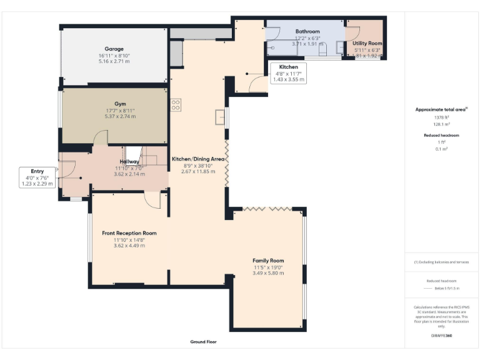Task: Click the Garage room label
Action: pos(114,49)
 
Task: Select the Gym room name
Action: pos(120,104)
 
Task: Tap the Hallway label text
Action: pos(129,161)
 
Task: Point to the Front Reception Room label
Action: pos(129,233)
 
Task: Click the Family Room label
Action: pos(268,261)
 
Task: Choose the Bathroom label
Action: pos(307,31)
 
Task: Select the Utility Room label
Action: pos(367,44)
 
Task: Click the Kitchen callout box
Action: pos(288,73)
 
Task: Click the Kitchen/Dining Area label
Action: pos(198,159)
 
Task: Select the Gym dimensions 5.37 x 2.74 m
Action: pos(120,116)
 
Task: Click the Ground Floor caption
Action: pos(203,342)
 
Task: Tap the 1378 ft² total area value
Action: pos(441,117)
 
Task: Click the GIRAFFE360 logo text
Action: pos(441,336)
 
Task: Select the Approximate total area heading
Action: pos(440,109)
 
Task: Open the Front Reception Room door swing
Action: pos(151,199)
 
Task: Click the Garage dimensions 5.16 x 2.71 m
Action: pos(114,61)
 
